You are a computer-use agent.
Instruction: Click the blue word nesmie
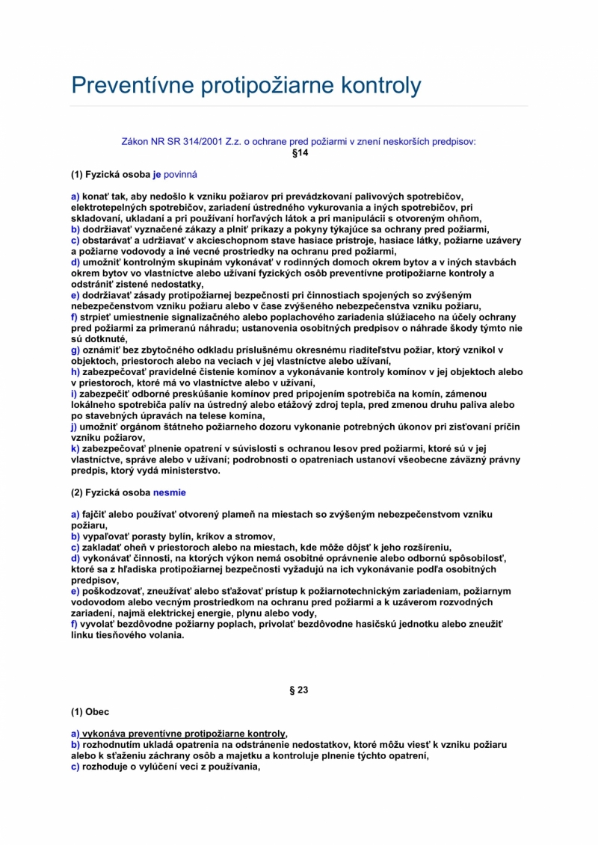point(169,493)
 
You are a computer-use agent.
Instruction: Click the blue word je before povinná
point(157,174)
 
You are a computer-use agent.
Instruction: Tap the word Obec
point(97,712)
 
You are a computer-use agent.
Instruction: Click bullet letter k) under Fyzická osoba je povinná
point(75,448)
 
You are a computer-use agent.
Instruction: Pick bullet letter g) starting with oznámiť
point(75,350)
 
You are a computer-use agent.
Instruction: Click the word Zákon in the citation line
point(135,140)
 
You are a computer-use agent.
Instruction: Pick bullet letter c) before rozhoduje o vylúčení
point(75,767)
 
